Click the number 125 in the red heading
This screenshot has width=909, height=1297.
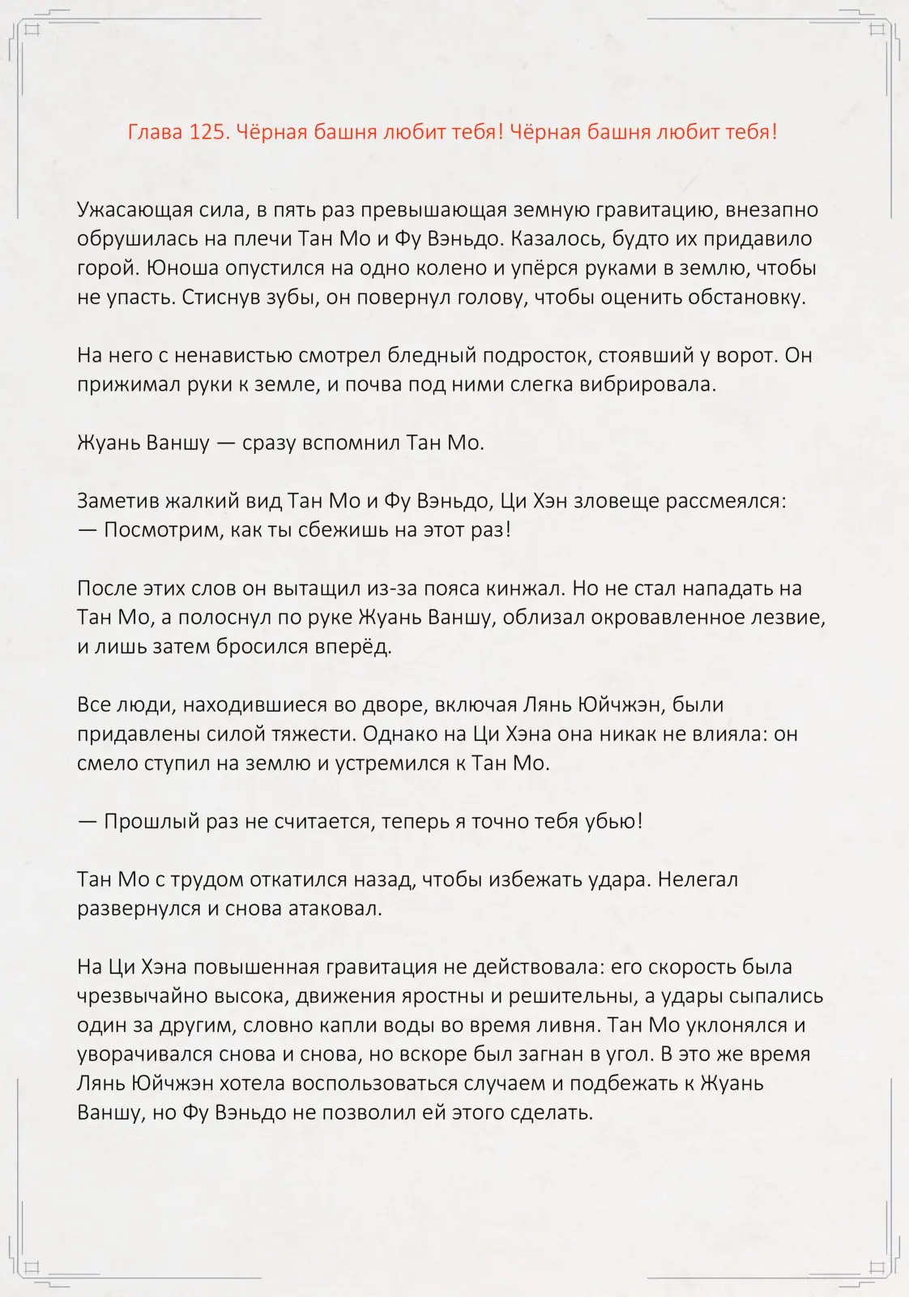[x=206, y=132]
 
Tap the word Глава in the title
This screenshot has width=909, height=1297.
[x=155, y=132]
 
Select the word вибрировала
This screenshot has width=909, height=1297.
[x=647, y=384]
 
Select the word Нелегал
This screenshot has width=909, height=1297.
[x=698, y=880]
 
